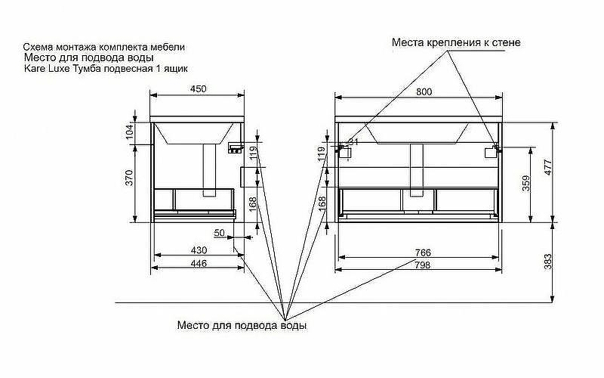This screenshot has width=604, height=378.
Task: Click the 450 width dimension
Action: point(198,89)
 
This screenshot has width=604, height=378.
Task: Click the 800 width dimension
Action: point(424,91)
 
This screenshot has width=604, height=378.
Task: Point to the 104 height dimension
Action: point(129,132)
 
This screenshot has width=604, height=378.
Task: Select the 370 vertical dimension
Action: point(129,178)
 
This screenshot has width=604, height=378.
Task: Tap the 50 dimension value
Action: point(220,234)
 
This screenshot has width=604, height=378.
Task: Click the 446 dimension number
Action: point(198,264)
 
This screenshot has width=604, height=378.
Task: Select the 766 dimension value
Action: point(423,253)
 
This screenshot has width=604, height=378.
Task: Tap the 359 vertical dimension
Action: point(527,184)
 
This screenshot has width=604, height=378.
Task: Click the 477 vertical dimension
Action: point(549,169)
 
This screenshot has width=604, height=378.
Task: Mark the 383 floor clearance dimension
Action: point(549,262)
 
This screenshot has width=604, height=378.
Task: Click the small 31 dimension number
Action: point(353,141)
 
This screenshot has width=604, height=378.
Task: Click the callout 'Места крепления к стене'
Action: point(456,42)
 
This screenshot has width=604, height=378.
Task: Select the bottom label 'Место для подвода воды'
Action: point(242,326)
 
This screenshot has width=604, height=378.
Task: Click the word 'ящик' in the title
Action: point(174,68)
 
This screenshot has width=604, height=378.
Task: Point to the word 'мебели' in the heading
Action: point(169,47)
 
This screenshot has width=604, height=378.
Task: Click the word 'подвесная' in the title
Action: point(120,68)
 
